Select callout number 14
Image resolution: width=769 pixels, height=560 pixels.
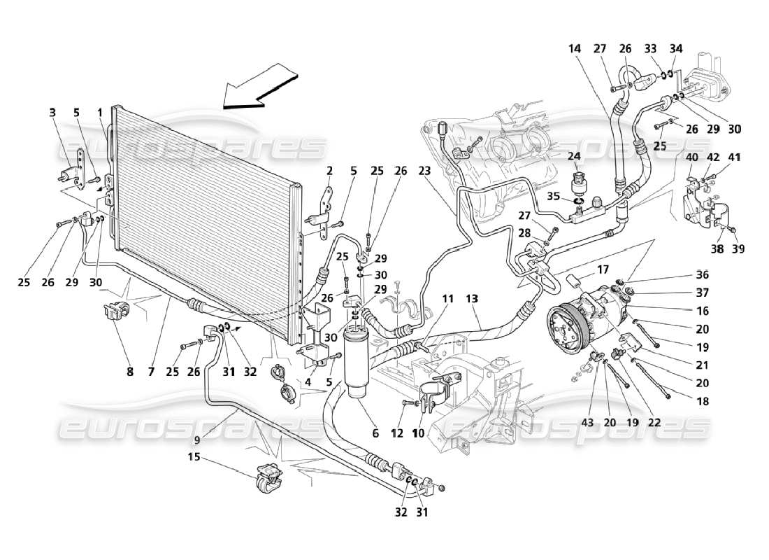click(574, 49)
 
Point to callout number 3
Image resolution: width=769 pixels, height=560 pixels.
click(52, 111)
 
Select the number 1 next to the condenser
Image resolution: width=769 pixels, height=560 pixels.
click(99, 111)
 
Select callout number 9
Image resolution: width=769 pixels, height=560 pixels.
click(197, 440)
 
